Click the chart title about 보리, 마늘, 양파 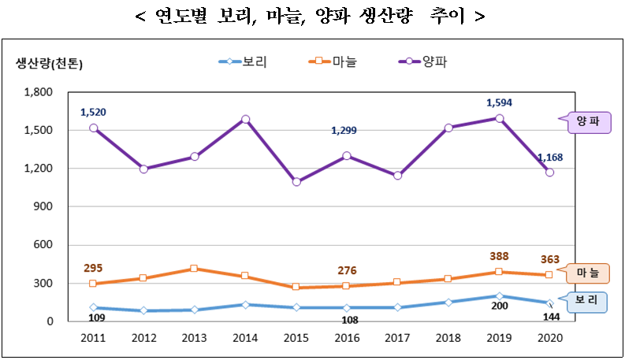311,17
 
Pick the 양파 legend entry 426,61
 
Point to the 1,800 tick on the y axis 39,92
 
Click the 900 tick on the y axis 44,206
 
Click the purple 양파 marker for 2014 245,120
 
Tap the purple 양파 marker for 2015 296,182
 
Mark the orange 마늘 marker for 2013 195,269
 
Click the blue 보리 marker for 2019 499,296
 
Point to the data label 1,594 500,102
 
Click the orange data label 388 500,256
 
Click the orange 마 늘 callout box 587,273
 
